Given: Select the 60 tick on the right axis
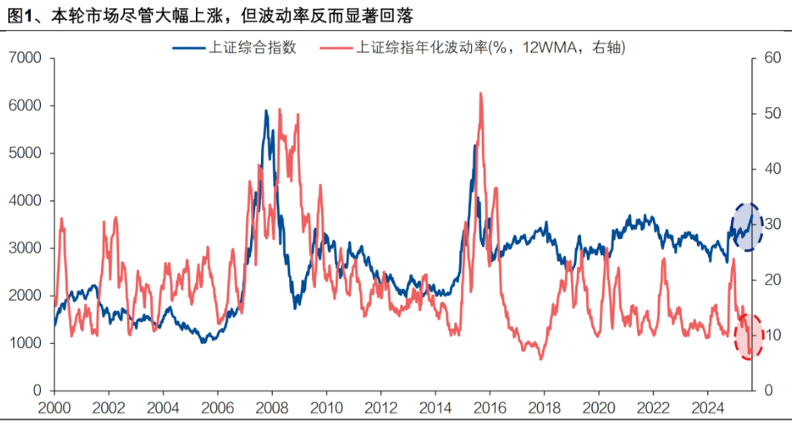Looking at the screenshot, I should [772, 58].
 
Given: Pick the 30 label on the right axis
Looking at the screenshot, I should [772, 224].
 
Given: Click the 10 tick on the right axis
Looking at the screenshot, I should [772, 335].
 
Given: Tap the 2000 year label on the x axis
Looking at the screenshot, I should [54, 408].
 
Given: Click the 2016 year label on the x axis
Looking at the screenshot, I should [489, 408].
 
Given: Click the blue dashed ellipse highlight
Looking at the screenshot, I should [747, 227].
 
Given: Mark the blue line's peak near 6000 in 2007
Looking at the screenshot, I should [266, 111].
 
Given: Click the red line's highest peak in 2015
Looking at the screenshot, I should [481, 93].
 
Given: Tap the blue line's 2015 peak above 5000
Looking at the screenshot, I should [474, 146].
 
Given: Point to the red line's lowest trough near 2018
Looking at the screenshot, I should [541, 359].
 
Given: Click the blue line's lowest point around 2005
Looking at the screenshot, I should [202, 342].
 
